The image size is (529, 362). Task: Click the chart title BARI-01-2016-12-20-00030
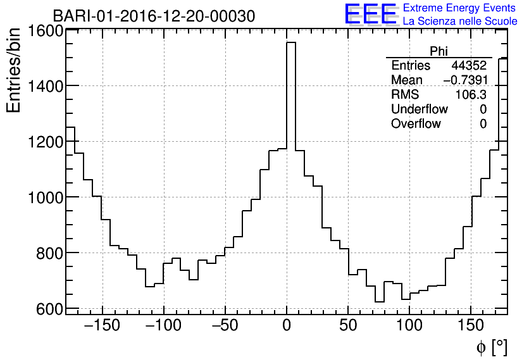pyautogui.click(x=154, y=16)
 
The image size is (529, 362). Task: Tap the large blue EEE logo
pyautogui.click(x=370, y=14)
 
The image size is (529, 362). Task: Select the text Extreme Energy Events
pyautogui.click(x=459, y=8)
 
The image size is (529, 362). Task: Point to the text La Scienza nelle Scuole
pyautogui.click(x=459, y=21)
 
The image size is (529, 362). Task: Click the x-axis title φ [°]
pyautogui.click(x=491, y=347)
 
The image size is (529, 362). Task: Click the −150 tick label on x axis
pyautogui.click(x=101, y=326)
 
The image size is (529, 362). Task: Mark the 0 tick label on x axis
pyautogui.click(x=287, y=326)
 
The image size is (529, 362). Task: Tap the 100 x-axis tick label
pyautogui.click(x=409, y=326)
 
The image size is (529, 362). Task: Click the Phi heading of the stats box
pyautogui.click(x=439, y=51)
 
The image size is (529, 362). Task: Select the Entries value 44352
pyautogui.click(x=468, y=66)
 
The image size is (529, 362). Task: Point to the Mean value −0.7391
pyautogui.click(x=464, y=80)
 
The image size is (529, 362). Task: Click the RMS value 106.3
pyautogui.click(x=471, y=94)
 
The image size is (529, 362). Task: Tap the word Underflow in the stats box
pyautogui.click(x=419, y=109)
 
